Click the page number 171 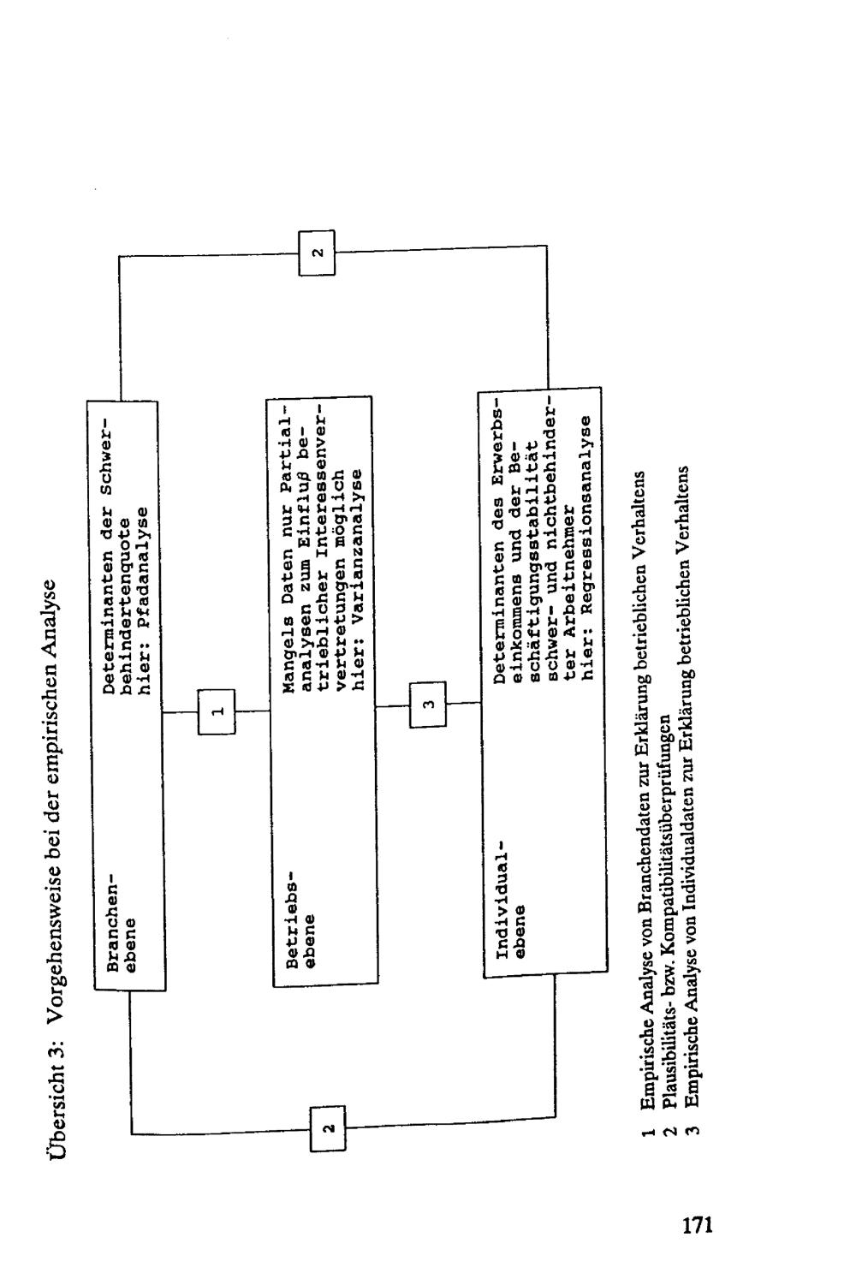[697, 1225]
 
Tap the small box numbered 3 [429, 704]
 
